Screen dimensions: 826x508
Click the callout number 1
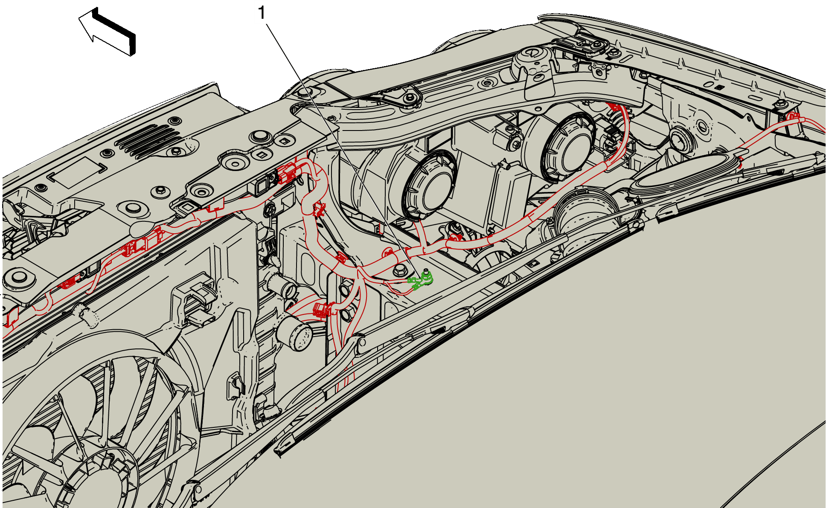262,13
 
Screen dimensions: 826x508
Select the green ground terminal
422,279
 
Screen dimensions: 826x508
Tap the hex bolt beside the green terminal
400,270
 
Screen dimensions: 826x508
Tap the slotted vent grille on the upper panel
149,141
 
